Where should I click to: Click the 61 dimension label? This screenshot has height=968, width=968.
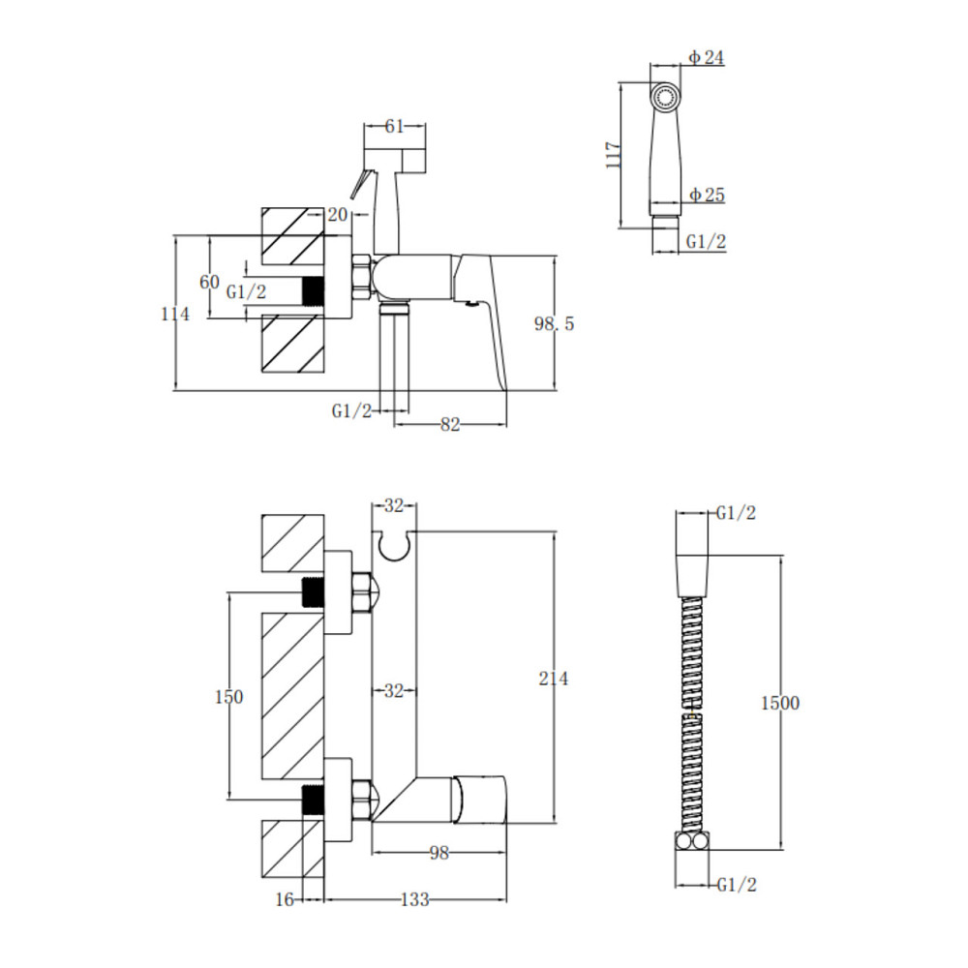[x=395, y=126]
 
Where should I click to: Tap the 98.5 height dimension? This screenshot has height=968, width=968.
[x=554, y=323]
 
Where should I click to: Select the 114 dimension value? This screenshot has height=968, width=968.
[x=175, y=315]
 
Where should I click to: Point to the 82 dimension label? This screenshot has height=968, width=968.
[x=450, y=425]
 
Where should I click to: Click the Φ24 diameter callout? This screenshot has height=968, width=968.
[x=707, y=57]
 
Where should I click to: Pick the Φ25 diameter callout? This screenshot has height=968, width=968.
[x=707, y=196]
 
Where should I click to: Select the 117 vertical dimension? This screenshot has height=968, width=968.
[x=614, y=156]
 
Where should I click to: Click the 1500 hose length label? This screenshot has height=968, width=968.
[x=779, y=703]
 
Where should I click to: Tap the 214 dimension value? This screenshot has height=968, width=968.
[x=553, y=679]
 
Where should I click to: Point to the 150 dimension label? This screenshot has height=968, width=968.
[x=229, y=697]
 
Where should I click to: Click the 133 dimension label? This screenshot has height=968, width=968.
[x=415, y=900]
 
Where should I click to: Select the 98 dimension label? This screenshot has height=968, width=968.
[x=439, y=853]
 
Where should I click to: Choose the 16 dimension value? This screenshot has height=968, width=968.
[x=285, y=900]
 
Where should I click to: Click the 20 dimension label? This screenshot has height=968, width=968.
[x=338, y=215]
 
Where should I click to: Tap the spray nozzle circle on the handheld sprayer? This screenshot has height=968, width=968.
[x=665, y=98]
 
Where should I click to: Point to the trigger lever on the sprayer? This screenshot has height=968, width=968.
[x=358, y=185]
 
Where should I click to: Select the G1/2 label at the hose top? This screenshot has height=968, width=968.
[x=736, y=513]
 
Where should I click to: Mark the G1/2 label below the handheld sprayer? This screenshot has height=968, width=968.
[x=707, y=241]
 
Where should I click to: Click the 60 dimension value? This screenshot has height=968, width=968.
[x=209, y=282]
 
